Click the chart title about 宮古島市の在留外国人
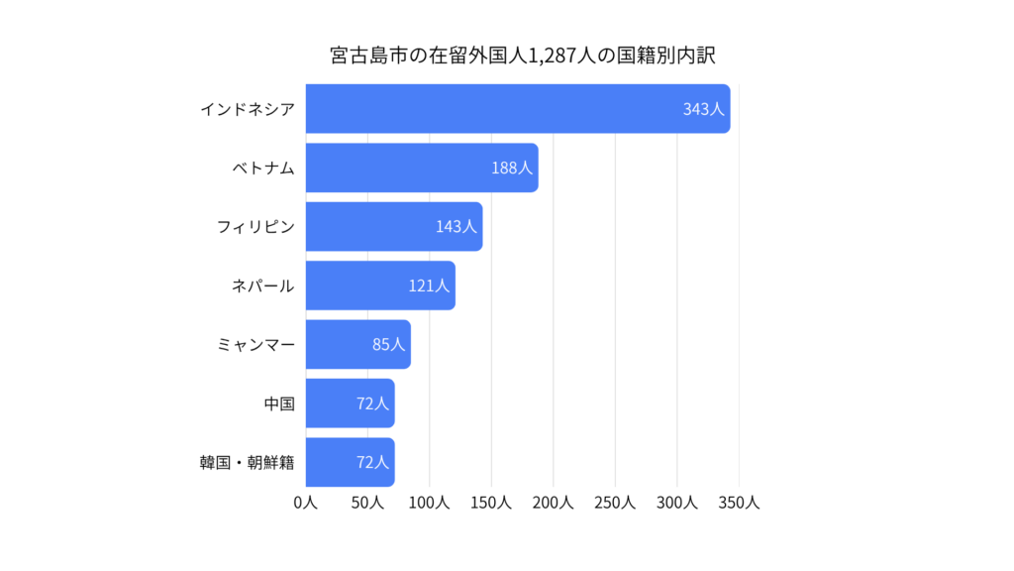click(523, 56)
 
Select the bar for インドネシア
click(518, 109)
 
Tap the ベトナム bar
click(422, 168)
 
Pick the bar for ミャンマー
click(358, 344)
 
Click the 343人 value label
click(704, 109)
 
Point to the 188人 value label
click(512, 168)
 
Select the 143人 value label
click(456, 227)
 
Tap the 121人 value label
click(429, 285)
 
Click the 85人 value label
click(388, 344)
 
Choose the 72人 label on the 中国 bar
click(372, 403)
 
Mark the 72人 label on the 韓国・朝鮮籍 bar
click(372, 462)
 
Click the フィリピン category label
click(255, 227)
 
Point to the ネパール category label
click(263, 285)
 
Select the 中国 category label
click(279, 403)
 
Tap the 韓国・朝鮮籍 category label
click(247, 462)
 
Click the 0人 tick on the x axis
click(306, 503)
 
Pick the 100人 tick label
click(430, 503)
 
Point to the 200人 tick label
click(554, 503)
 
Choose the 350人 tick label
click(739, 503)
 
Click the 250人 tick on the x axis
click(615, 503)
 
